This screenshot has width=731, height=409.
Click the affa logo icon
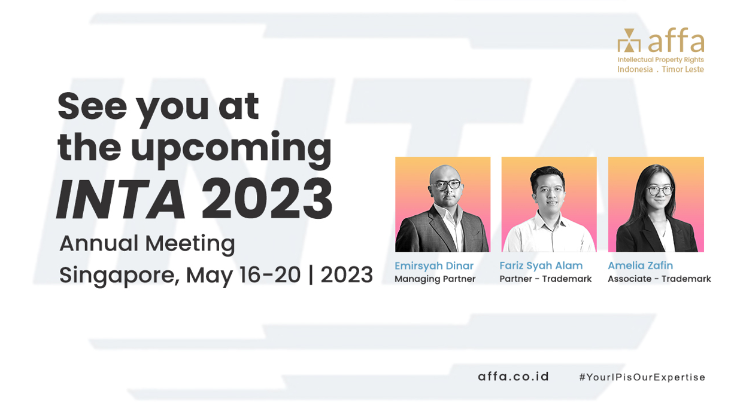pyautogui.click(x=628, y=41)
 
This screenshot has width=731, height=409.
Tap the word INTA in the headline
pyautogui.click(x=120, y=199)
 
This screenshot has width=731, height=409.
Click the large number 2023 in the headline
pyautogui.click(x=266, y=199)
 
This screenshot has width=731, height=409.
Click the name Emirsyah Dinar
pyautogui.click(x=434, y=265)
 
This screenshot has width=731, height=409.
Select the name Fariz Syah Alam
pyautogui.click(x=541, y=265)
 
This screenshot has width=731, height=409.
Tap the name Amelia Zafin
pyautogui.click(x=640, y=265)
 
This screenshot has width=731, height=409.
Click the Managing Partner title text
pyautogui.click(x=435, y=279)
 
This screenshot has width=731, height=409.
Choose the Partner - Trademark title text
pyautogui.click(x=545, y=279)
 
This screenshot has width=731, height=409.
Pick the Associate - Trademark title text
pyautogui.click(x=659, y=279)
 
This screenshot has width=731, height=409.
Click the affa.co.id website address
pyautogui.click(x=513, y=377)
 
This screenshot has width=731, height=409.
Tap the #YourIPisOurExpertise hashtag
pyautogui.click(x=642, y=377)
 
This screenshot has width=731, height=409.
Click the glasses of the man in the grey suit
pyautogui.click(x=442, y=185)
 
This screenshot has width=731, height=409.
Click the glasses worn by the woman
pyautogui.click(x=659, y=191)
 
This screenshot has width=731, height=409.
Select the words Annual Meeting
pyautogui.click(x=147, y=243)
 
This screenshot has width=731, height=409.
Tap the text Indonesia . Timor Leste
pyautogui.click(x=660, y=69)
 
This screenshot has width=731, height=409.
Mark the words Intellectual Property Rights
pyautogui.click(x=660, y=60)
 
